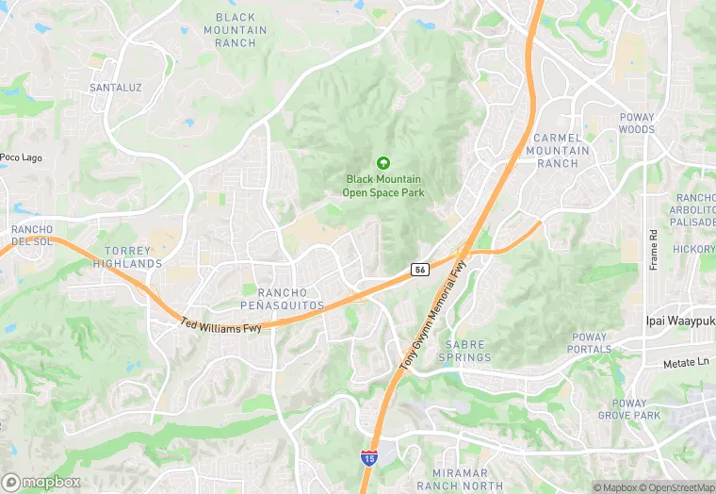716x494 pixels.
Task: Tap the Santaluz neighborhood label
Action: click(x=115, y=88)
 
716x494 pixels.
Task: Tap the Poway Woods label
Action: click(x=637, y=123)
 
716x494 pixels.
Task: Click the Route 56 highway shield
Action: click(x=420, y=270)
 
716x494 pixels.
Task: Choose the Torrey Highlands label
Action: click(x=127, y=257)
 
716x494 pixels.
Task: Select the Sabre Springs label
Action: click(x=465, y=351)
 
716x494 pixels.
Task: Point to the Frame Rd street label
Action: click(x=654, y=250)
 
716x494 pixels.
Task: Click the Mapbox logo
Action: click(x=42, y=481)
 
